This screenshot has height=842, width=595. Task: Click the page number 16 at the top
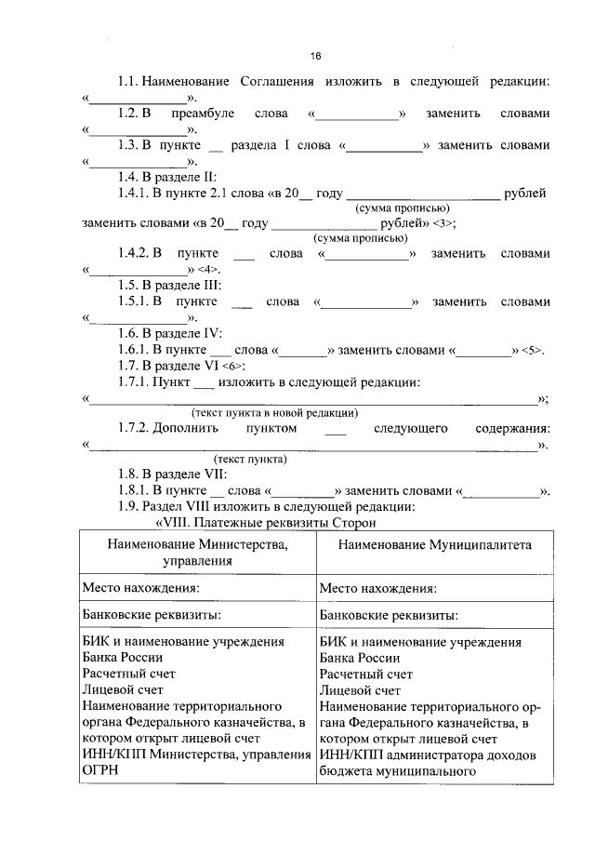point(315,57)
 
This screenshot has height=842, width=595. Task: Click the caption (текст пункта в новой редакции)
point(275,412)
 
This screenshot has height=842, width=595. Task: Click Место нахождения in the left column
point(140,588)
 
